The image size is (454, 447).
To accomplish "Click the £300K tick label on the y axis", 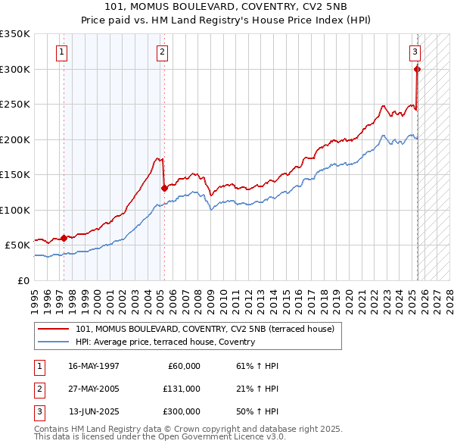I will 15,69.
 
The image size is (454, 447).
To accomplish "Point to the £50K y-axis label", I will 17,245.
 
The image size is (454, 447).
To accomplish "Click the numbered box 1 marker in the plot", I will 61,52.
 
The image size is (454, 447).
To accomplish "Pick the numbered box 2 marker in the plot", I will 163,52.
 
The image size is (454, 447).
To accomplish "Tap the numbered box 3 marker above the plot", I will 415,52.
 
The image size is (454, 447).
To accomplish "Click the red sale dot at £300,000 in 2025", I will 417,69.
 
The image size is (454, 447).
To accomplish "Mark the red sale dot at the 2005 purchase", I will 164,188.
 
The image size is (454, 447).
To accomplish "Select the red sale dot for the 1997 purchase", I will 64,238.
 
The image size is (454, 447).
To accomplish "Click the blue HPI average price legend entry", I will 165,342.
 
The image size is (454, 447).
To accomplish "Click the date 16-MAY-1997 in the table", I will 94,366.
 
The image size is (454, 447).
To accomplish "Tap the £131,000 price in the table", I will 182,389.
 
